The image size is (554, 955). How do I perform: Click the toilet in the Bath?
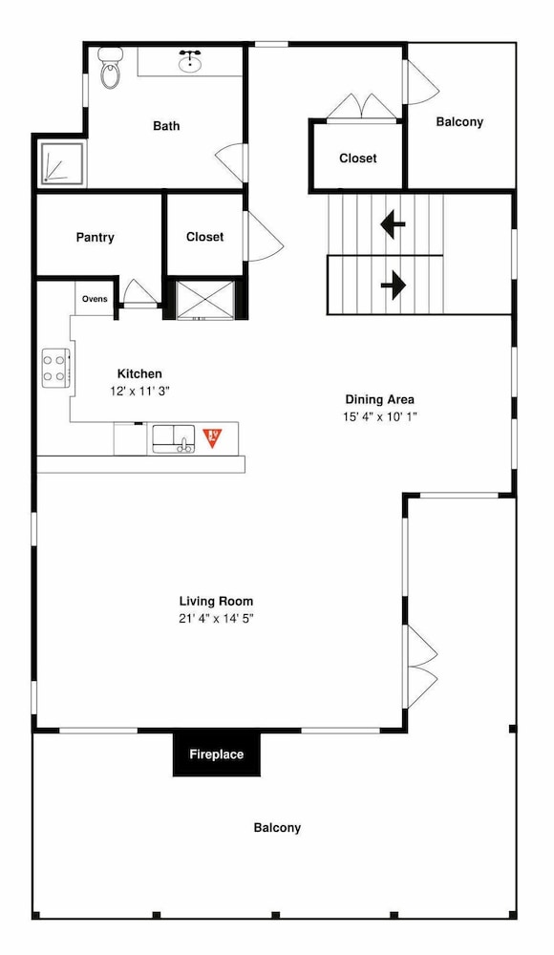110,67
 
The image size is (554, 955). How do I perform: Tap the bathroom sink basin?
191,61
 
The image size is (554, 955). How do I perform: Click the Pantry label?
96,237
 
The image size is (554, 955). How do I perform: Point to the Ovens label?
95,299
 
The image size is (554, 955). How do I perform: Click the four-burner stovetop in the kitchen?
54,369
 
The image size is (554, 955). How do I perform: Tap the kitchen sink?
173,438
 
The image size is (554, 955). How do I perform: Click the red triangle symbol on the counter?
212,437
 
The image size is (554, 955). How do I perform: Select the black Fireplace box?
217,754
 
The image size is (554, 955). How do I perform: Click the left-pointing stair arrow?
394,224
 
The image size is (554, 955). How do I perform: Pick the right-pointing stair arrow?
394,285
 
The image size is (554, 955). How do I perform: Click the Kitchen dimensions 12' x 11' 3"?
139,391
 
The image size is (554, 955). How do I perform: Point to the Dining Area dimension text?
380,417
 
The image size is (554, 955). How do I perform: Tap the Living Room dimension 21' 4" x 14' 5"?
217,619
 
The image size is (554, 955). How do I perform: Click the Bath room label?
166,126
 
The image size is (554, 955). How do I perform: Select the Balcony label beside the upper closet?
459,122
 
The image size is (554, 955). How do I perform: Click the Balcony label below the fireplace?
277,828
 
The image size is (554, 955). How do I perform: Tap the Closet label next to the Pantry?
204,237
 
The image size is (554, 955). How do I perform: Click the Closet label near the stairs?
358,159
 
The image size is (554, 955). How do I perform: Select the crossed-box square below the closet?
205,299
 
